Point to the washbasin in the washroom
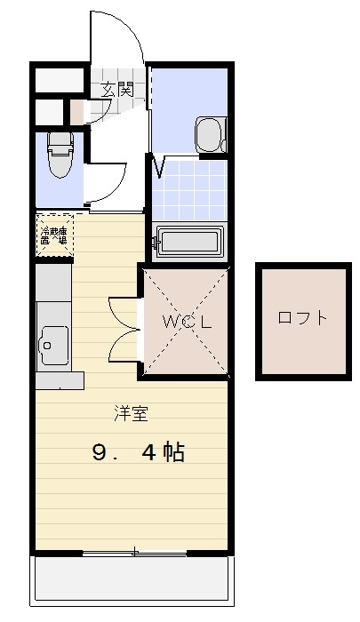tap(209, 134)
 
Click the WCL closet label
tap(187, 322)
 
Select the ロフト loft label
tap(302, 317)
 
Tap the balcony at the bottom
tap(133, 583)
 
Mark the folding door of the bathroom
tap(160, 166)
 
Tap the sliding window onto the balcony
tap(135, 553)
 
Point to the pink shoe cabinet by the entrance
tap(77, 112)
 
